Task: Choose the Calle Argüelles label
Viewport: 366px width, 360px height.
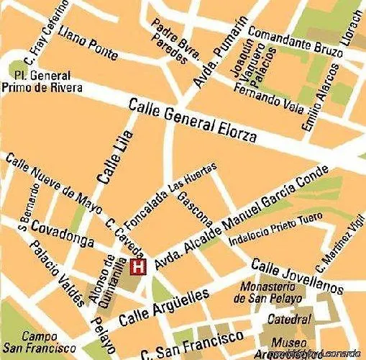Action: point(163,306)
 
